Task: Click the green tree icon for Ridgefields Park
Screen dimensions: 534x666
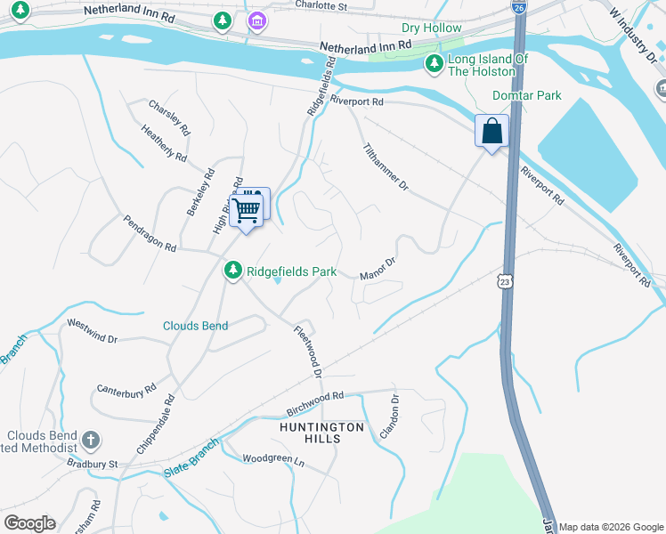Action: point(232,270)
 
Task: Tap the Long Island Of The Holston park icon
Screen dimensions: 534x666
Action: point(434,63)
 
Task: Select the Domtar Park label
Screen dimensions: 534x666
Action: point(527,95)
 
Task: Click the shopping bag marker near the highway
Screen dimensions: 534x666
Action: point(491,132)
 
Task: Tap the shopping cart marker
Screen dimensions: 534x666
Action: point(246,211)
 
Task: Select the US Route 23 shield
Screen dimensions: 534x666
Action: point(504,280)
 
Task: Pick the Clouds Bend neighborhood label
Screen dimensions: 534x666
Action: point(195,326)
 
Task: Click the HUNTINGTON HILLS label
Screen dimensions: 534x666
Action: point(343,433)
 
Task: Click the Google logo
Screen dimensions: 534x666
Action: point(29,523)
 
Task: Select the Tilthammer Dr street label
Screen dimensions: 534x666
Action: point(385,167)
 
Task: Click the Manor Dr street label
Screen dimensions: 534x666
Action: point(377,269)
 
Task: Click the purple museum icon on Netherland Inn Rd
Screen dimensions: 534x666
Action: point(257,20)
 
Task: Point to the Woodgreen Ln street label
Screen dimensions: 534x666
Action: point(273,459)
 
